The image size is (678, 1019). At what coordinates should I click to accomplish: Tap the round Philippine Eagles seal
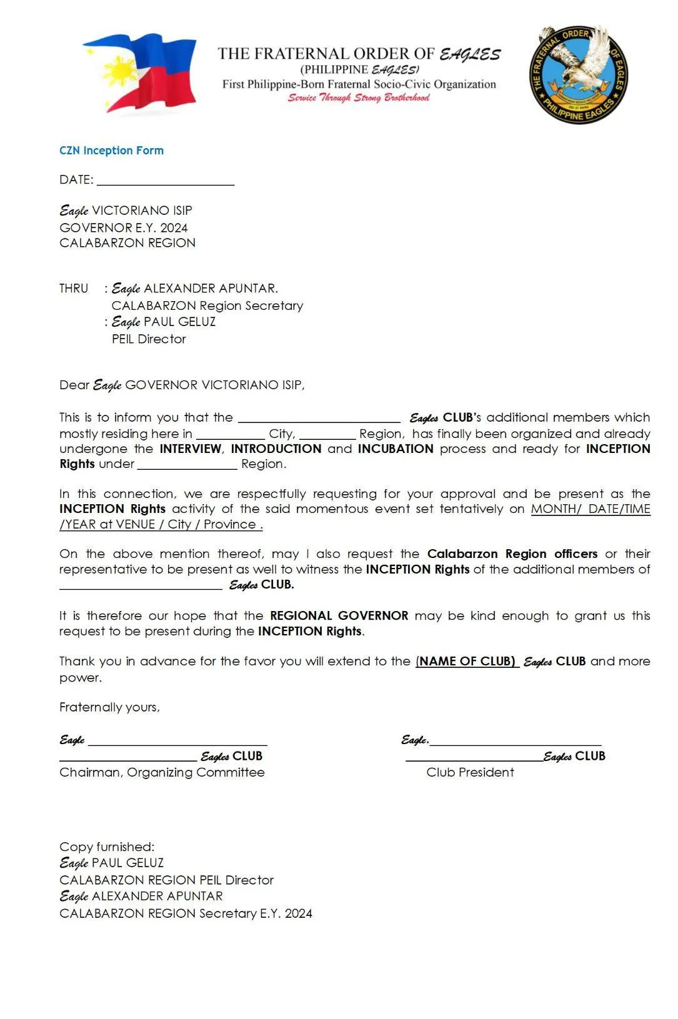pos(578,75)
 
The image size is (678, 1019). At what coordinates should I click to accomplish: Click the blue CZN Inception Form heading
pos(111,151)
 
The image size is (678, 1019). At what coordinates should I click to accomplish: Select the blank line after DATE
pos(166,181)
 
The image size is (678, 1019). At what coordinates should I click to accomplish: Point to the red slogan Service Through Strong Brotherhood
pos(359,97)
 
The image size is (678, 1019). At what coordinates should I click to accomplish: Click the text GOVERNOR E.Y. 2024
pos(123,227)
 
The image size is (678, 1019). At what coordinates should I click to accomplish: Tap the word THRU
pos(74,289)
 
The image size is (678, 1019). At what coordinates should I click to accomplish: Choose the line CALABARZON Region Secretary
pos(207,306)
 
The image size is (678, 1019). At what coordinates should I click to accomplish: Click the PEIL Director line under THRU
pos(149,339)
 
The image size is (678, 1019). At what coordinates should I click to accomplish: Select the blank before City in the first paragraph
pos(231,435)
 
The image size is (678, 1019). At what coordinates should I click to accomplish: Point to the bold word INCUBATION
pos(396,449)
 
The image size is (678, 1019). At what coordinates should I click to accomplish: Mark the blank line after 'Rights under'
pos(187,465)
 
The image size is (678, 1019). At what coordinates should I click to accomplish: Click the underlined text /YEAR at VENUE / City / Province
pos(161,525)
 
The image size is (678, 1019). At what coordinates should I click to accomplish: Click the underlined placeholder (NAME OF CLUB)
pos(466,662)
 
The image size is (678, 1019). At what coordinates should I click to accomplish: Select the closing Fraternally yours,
pos(109,707)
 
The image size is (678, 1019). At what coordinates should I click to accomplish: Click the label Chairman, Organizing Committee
pos(162,773)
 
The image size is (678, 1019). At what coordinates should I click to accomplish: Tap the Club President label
pos(470,773)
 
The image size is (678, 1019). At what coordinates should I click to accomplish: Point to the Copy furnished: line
pos(107,847)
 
